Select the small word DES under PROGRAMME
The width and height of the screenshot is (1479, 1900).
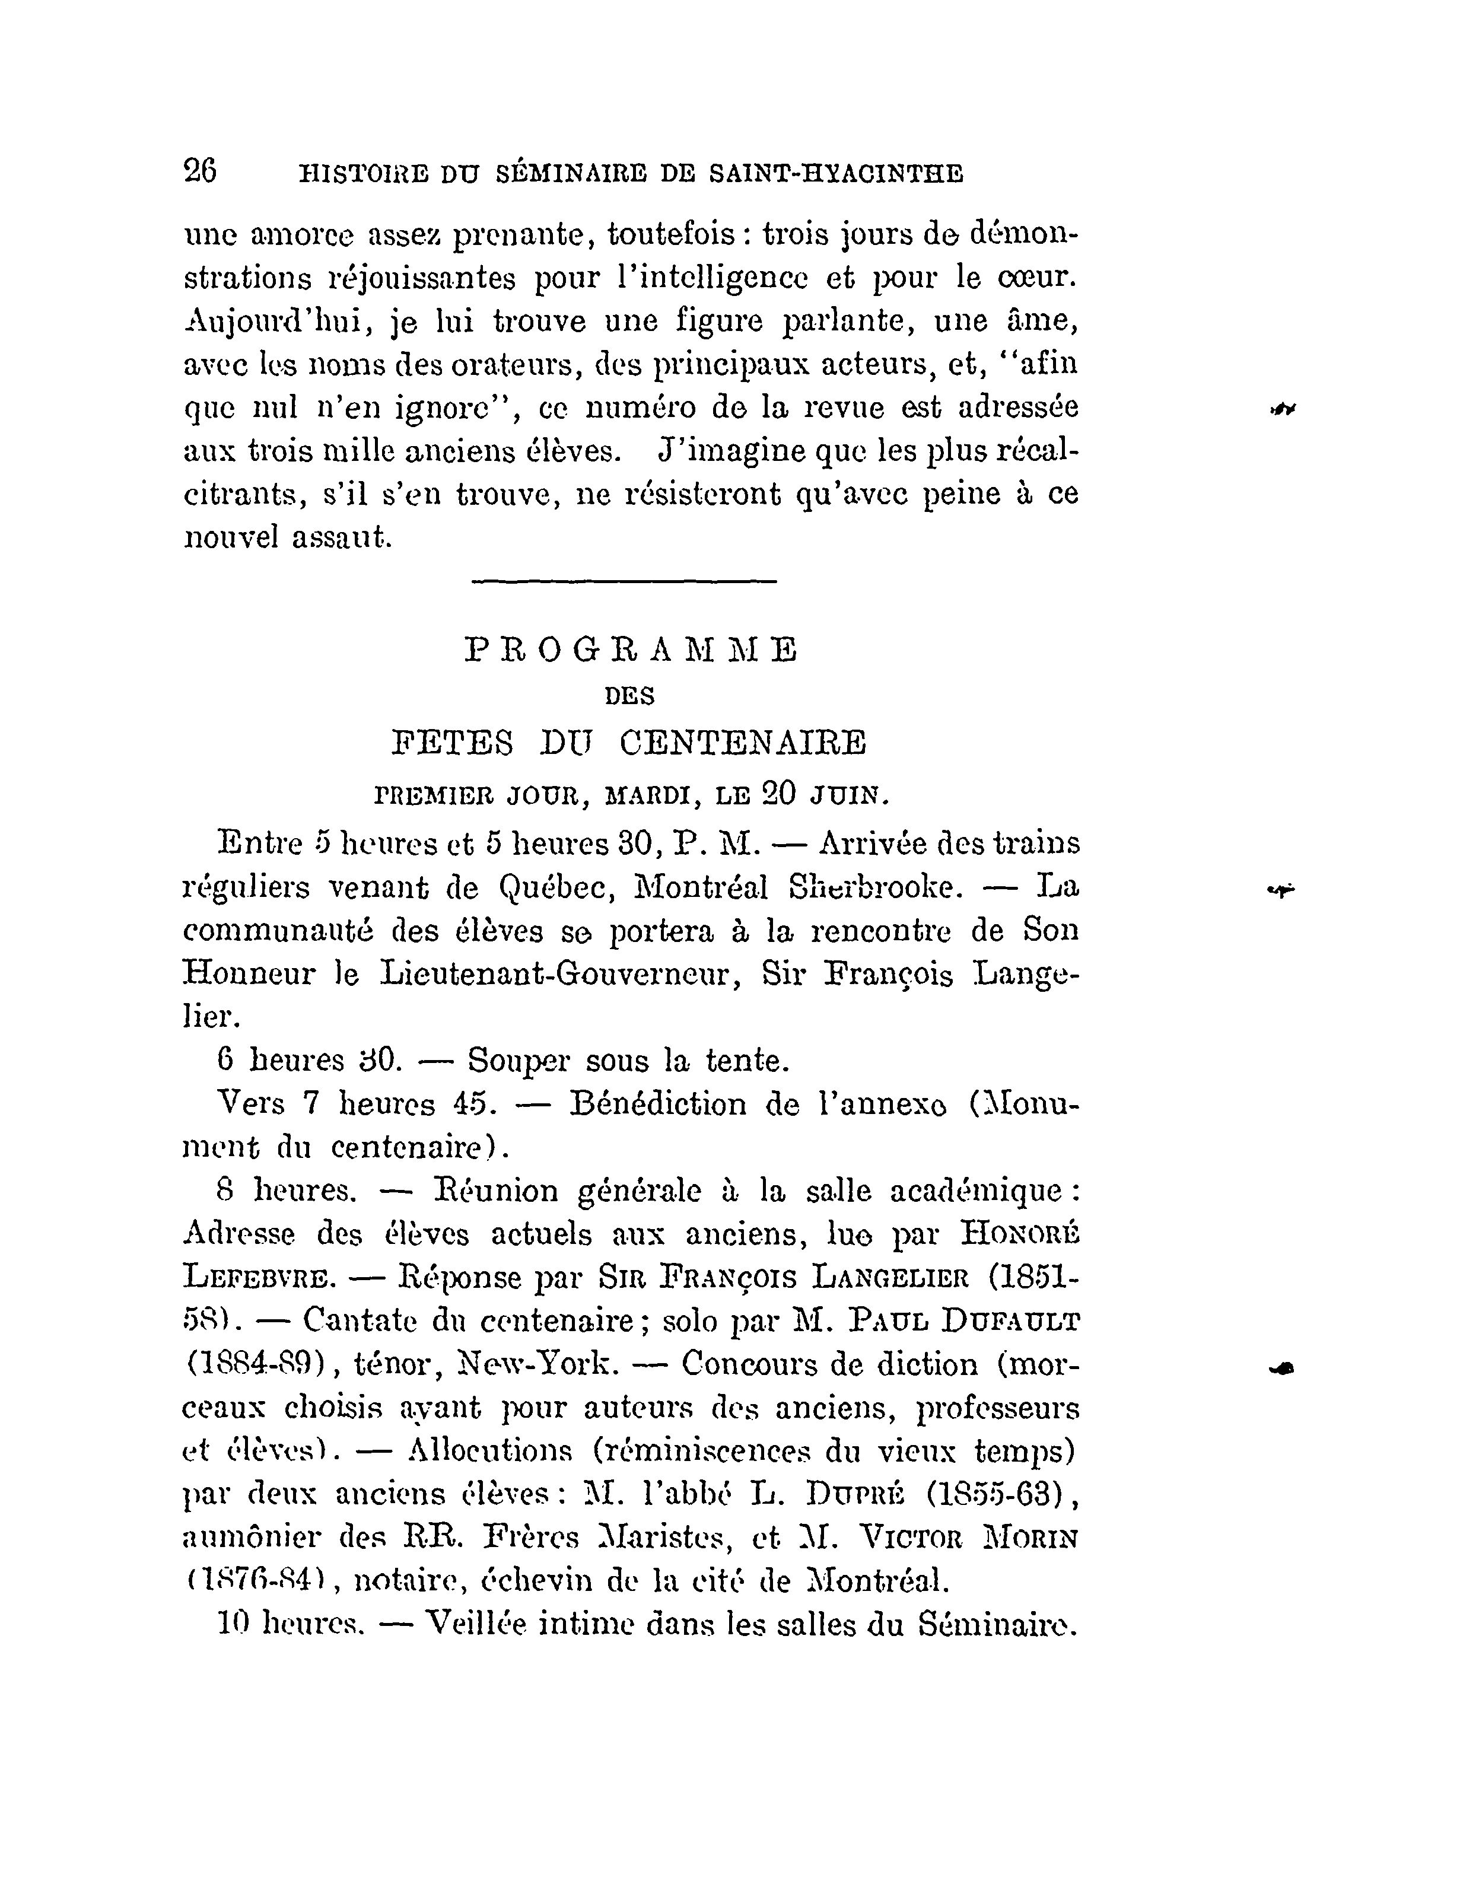(x=629, y=696)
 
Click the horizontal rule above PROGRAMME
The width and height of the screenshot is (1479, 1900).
(x=623, y=581)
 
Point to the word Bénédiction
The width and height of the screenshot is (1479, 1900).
(x=659, y=1104)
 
